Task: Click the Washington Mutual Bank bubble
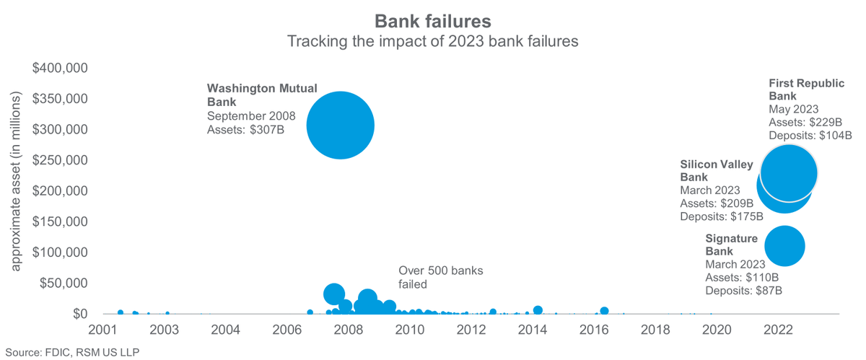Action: tap(340, 126)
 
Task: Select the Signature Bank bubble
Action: tap(784, 246)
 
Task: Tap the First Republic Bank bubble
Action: tap(789, 173)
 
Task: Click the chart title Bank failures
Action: tap(433, 19)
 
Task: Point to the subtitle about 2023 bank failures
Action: tap(433, 41)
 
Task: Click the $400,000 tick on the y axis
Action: tap(61, 69)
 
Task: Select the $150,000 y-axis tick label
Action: tap(61, 221)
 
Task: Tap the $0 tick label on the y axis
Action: tap(79, 314)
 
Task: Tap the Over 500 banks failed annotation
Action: tap(440, 277)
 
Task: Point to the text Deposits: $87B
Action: tap(743, 291)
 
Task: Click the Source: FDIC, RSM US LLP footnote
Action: tap(70, 352)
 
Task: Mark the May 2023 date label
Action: tap(794, 109)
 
